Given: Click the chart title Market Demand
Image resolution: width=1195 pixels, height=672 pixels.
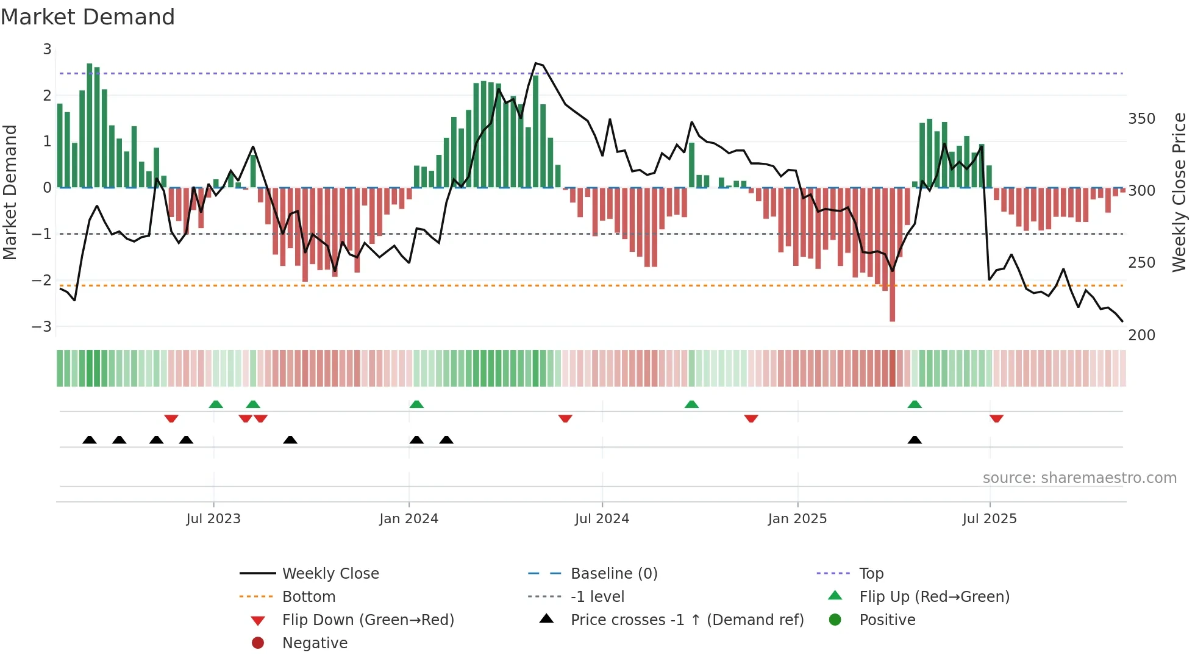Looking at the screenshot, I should tap(88, 17).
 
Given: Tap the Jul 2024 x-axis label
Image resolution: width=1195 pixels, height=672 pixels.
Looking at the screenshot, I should tap(602, 519).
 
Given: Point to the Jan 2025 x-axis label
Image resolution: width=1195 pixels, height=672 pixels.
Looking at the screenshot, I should tap(797, 519).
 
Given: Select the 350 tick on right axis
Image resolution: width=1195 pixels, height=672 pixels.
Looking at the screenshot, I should tap(1141, 119).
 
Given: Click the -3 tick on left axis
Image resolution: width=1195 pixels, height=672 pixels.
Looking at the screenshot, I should tap(42, 326).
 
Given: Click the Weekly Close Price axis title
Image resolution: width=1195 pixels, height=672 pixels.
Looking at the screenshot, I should tap(1179, 192).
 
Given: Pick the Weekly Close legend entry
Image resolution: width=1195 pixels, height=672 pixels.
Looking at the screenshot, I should tap(330, 574).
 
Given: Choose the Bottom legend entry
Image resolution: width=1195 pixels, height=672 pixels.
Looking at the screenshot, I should tap(309, 597).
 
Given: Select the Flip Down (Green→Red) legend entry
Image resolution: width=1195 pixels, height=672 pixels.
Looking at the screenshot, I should tap(368, 620).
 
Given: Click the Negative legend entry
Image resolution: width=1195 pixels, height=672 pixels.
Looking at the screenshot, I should tap(315, 643).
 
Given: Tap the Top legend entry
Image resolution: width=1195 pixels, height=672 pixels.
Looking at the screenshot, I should tap(871, 574).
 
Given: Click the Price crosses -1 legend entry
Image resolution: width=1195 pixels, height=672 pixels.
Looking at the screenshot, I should tap(687, 620).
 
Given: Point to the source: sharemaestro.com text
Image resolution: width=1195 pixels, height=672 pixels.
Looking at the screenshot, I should tap(1079, 478).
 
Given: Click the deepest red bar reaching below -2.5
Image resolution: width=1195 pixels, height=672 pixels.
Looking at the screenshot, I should tap(892, 305).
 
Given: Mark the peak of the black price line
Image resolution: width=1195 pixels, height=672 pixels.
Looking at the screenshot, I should tap(536, 63).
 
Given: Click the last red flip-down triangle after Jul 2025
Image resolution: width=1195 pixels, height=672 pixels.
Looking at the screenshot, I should tap(996, 418).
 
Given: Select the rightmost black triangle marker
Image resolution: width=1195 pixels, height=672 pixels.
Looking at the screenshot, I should tap(915, 440).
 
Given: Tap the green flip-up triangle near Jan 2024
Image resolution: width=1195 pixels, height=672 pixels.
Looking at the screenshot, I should tap(416, 404).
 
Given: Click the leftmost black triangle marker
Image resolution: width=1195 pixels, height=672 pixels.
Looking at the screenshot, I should tap(90, 440).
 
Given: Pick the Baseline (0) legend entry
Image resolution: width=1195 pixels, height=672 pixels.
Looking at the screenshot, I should tap(613, 574).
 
